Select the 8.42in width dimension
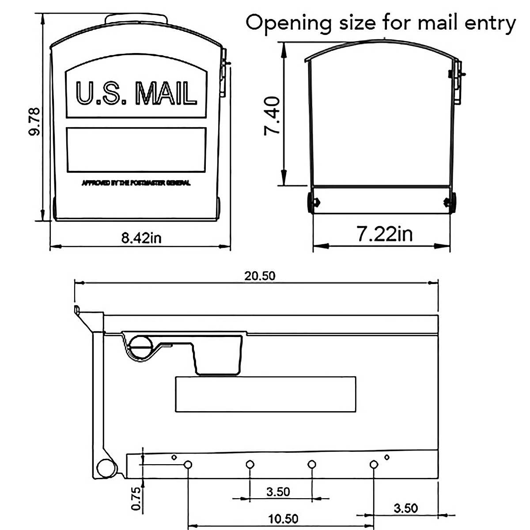tap(141, 238)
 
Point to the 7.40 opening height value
tap(272, 116)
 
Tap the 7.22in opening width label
tap(385, 234)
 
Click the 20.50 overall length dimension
tap(260, 276)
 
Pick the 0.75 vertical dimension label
tap(136, 498)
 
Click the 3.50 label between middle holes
tap(278, 492)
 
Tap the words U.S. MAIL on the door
tap(136, 94)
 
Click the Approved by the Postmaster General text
tap(136, 183)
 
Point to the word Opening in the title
tap(288, 23)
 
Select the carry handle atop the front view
tap(136, 19)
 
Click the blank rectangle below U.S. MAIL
tap(136, 150)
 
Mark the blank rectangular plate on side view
tap(265, 394)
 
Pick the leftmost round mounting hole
tap(188, 464)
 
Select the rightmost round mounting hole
tap(374, 464)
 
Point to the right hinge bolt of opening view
tap(449, 203)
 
